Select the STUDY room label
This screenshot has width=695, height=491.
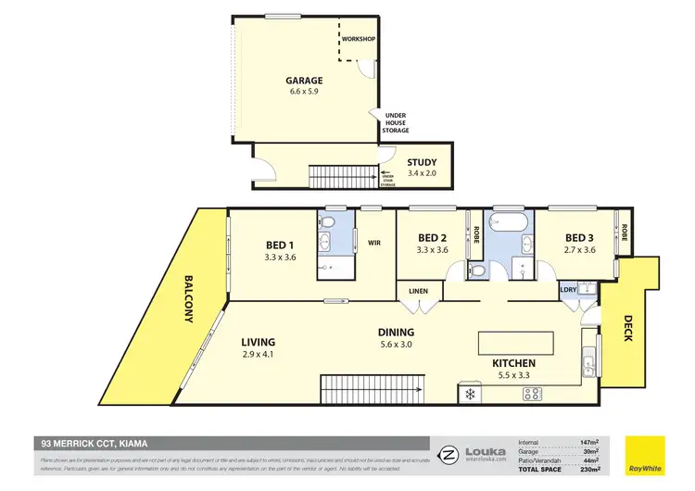pos(422,163)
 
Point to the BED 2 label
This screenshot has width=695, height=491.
pos(433,237)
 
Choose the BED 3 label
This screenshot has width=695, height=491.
pos(580,237)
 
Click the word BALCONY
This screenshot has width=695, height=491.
pos(188,298)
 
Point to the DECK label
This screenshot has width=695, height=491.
pos(626,327)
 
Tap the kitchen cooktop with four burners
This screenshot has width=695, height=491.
pos(534,394)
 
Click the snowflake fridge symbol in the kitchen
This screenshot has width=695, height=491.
pos(470,395)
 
